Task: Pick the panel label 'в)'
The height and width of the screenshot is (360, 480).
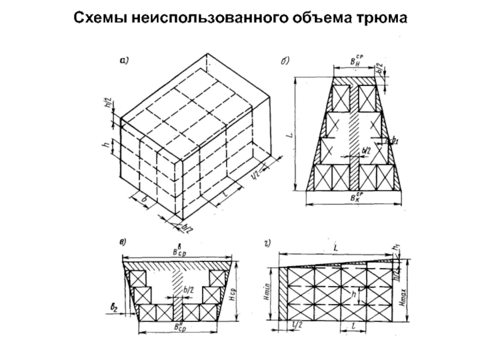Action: pos(122,243)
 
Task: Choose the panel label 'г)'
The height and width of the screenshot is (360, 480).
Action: pos(267,243)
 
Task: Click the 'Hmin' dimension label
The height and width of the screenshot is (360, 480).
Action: pos(269,293)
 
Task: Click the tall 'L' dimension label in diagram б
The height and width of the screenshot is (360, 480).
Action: pos(290,136)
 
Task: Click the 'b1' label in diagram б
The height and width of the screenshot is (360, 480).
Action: pos(394,142)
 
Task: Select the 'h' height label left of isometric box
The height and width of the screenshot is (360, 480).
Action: pos(106,146)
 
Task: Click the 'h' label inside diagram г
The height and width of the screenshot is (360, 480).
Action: pos(354,295)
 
